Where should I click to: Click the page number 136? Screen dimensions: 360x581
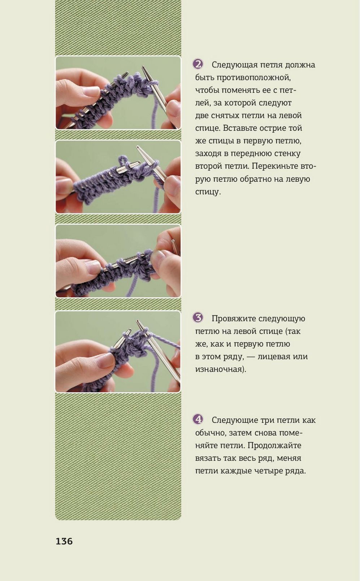click(64, 541)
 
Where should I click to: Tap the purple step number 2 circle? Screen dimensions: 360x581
click(198, 64)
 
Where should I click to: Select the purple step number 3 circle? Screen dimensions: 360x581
click(198, 318)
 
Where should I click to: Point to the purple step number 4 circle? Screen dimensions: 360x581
click(198, 419)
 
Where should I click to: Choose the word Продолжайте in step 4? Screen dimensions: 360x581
click(274, 446)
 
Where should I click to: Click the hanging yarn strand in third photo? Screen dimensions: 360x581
click(132, 285)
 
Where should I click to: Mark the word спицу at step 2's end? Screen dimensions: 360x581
click(208, 192)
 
